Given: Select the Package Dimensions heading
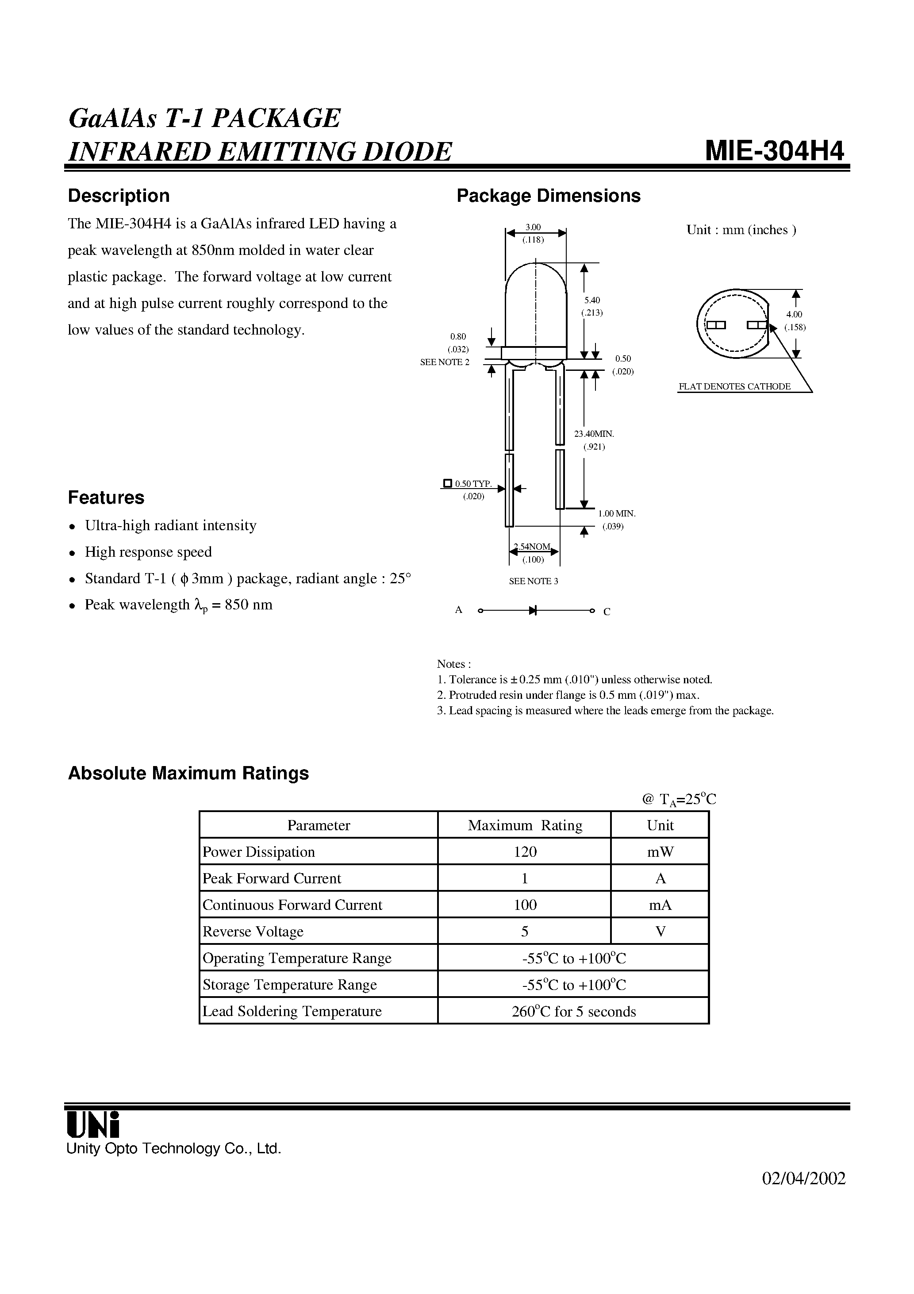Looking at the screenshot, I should [x=548, y=196].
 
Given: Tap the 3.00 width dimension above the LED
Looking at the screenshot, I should [x=533, y=227].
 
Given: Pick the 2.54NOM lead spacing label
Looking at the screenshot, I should [x=533, y=547].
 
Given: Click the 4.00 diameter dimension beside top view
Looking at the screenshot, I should [x=794, y=315].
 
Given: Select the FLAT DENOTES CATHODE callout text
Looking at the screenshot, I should [x=734, y=387].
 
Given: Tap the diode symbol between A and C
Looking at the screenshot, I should [x=533, y=610].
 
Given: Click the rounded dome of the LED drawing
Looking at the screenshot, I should [x=535, y=282].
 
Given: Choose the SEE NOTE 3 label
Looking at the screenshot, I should [x=533, y=581].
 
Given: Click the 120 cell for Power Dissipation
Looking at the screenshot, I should [x=525, y=851].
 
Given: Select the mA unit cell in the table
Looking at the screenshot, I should [x=660, y=905].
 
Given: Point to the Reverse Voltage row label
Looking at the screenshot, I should [x=253, y=932].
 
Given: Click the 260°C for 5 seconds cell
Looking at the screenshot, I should [x=573, y=1012].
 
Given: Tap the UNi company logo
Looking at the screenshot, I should [x=93, y=1125].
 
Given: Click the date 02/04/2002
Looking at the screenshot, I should [x=803, y=1178].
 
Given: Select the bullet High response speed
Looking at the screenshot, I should [x=148, y=552].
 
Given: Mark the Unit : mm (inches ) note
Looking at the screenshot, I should [x=741, y=230].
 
